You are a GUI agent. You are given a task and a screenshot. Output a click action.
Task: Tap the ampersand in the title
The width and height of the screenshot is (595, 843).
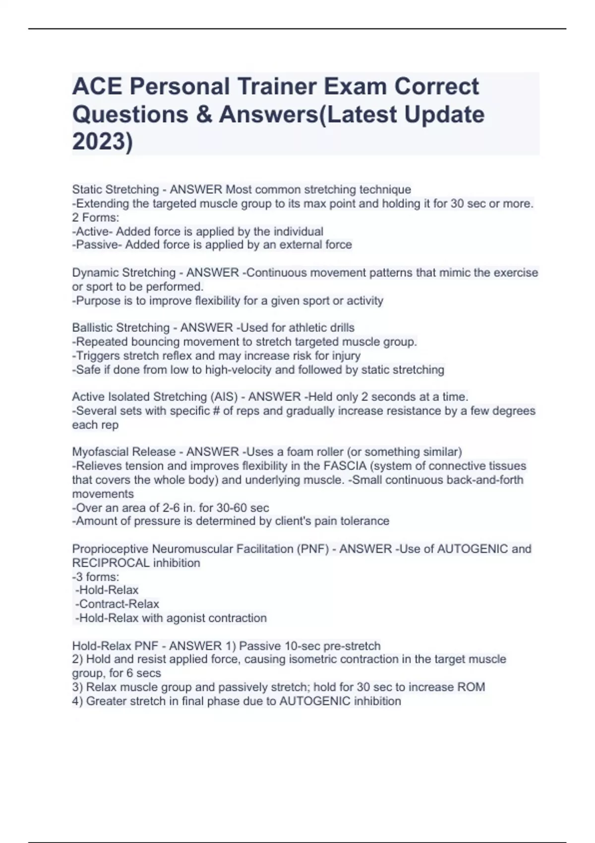point(204,114)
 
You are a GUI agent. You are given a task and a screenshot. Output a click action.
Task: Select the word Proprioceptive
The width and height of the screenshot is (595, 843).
point(110,549)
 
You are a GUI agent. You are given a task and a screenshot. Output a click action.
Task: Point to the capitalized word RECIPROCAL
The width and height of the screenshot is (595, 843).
point(111,563)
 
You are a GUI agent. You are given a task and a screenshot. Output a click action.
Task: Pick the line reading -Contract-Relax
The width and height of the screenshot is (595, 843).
point(117,604)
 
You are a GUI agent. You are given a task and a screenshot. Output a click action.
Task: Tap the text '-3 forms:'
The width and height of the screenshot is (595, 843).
point(96,577)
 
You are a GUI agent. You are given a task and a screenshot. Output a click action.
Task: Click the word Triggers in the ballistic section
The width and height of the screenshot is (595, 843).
point(97,356)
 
